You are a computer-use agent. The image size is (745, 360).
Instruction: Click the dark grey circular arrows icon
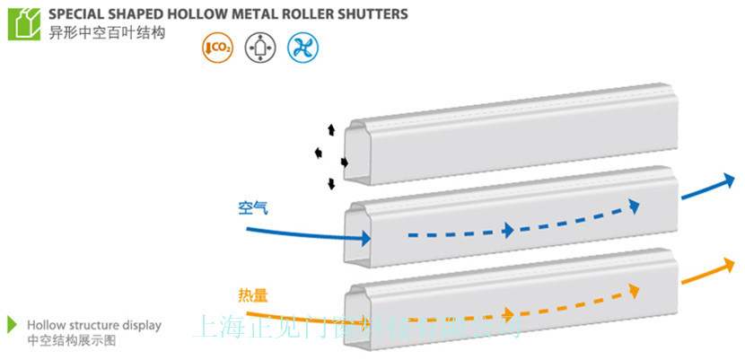tap(259, 46)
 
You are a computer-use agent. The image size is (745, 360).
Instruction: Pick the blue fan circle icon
tap(303, 46)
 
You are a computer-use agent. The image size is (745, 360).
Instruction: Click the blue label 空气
tap(253, 207)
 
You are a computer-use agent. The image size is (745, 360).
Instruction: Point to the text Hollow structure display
tap(94, 325)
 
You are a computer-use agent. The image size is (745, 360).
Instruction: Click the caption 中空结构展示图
tap(71, 340)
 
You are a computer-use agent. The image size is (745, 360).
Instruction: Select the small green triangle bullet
tap(12, 324)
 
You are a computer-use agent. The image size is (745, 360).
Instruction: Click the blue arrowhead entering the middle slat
tap(364, 239)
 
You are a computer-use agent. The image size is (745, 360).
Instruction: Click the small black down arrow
tap(331, 185)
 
